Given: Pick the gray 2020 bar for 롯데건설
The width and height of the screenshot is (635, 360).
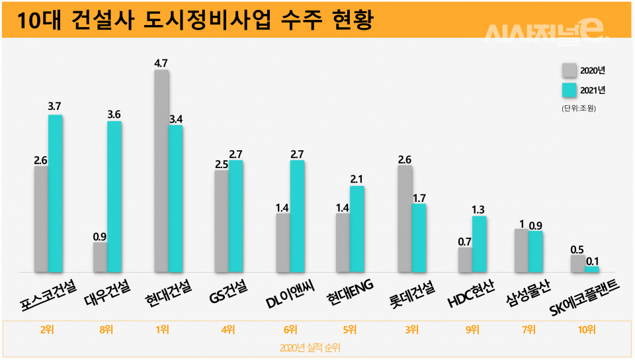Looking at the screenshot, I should coord(405,218).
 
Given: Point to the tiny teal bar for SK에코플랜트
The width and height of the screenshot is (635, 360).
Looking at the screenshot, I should coord(592,269).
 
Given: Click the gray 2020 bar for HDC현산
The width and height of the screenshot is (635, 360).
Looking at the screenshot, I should coord(465,259).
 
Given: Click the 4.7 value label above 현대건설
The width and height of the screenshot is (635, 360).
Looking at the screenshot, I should coord(161,63).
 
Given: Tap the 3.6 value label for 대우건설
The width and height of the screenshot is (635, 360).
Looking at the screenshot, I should coord(114,114).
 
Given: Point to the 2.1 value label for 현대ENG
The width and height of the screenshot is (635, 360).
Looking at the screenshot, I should coord(357,179).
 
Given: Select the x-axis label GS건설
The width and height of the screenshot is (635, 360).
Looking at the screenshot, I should coord(228,289).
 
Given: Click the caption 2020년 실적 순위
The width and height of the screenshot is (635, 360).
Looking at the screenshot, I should coord(311,347).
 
